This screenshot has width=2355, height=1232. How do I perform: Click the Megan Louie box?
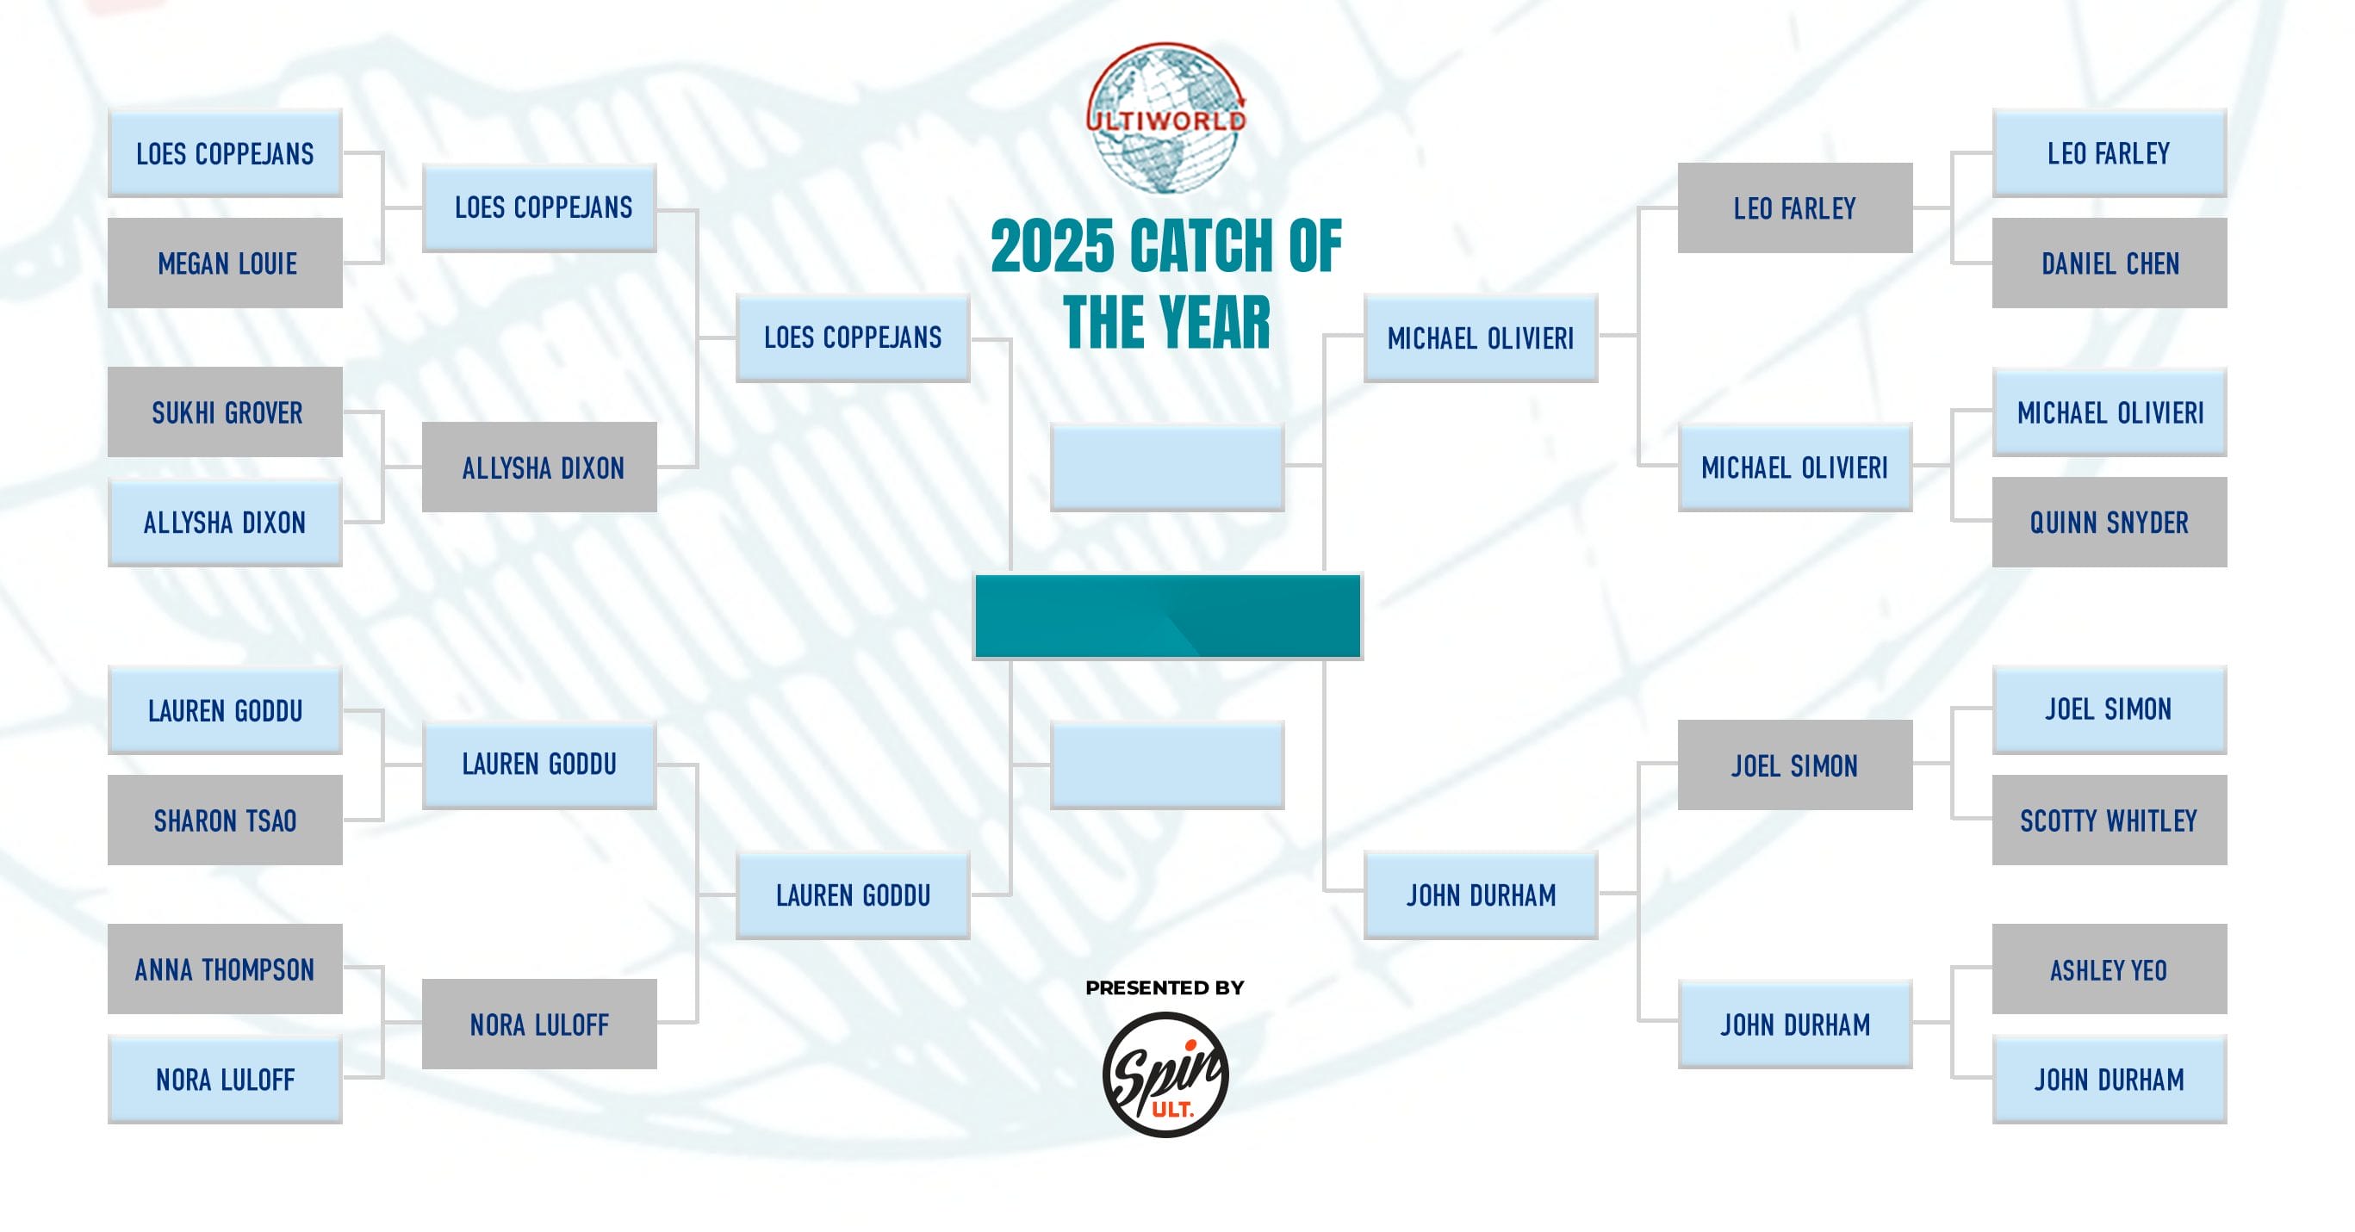click(x=225, y=263)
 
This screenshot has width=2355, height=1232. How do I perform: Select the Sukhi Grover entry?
click(x=225, y=412)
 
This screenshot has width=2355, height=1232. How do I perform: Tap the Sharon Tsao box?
click(x=225, y=820)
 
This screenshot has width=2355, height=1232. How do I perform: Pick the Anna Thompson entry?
click(x=225, y=969)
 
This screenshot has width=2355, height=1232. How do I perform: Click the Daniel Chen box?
click(x=2110, y=263)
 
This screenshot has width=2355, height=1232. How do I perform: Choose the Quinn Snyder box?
click(x=2110, y=522)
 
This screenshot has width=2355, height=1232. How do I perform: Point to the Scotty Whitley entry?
click(x=2110, y=820)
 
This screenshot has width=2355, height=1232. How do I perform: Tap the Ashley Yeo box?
click(x=2110, y=969)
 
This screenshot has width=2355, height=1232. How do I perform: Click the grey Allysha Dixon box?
click(x=539, y=467)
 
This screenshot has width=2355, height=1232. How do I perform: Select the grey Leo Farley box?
click(x=1794, y=208)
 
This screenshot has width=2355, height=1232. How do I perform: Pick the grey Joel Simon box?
click(x=1794, y=765)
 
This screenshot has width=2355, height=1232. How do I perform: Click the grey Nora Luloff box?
click(x=539, y=1024)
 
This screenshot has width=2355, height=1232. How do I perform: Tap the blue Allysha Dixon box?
click(x=225, y=522)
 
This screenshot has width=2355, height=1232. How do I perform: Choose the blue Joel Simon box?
click(x=2110, y=709)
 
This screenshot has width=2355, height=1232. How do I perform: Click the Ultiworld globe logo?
click(x=1165, y=117)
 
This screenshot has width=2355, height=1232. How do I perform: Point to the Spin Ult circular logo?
click(x=1165, y=1074)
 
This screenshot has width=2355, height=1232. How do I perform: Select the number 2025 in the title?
click(x=1053, y=247)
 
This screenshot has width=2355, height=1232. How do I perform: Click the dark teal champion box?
click(x=1167, y=616)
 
